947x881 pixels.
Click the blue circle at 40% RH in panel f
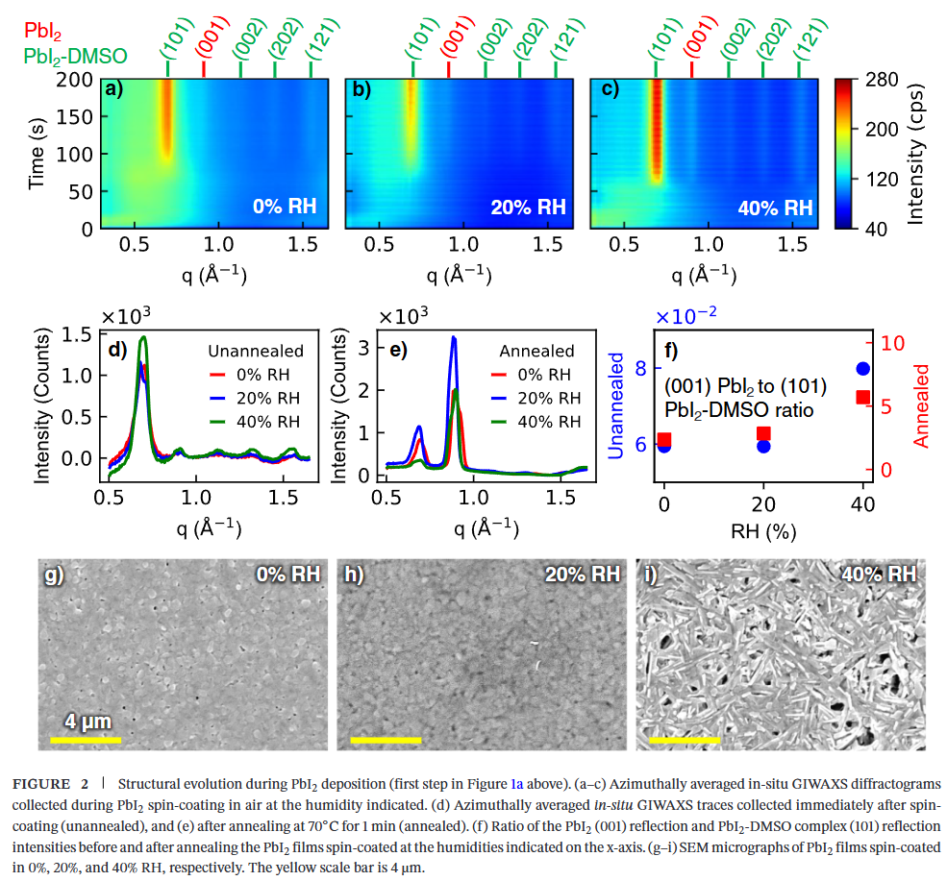(863, 369)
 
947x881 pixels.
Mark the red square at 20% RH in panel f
(764, 433)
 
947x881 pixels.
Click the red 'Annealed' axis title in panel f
(921, 404)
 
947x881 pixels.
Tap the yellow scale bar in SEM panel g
(85, 740)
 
